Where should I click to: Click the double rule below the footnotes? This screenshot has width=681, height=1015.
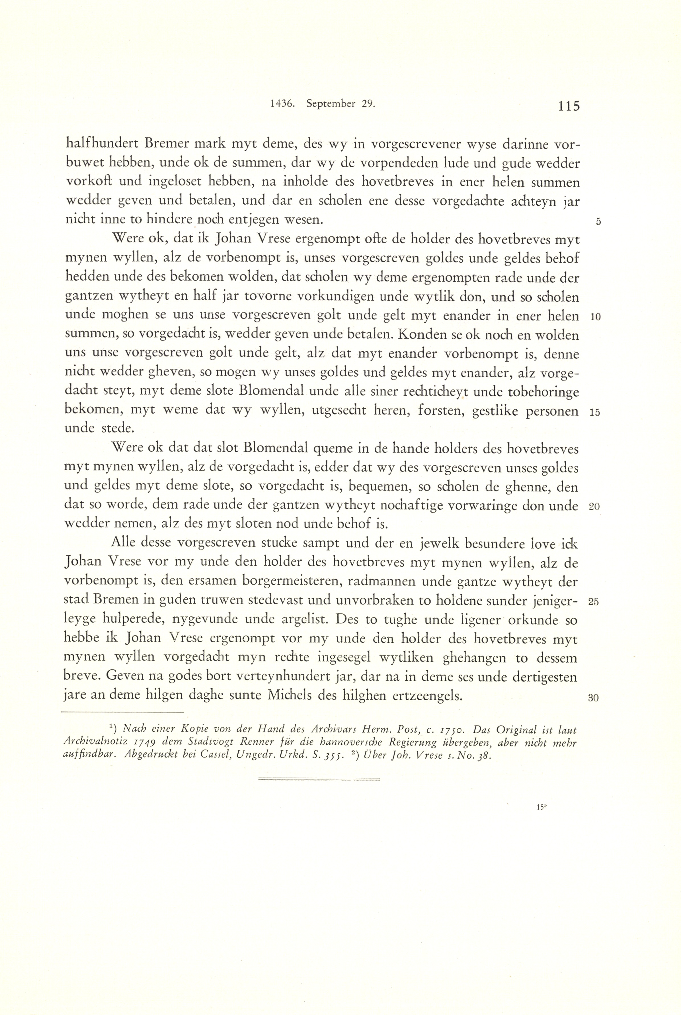[x=319, y=779]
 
